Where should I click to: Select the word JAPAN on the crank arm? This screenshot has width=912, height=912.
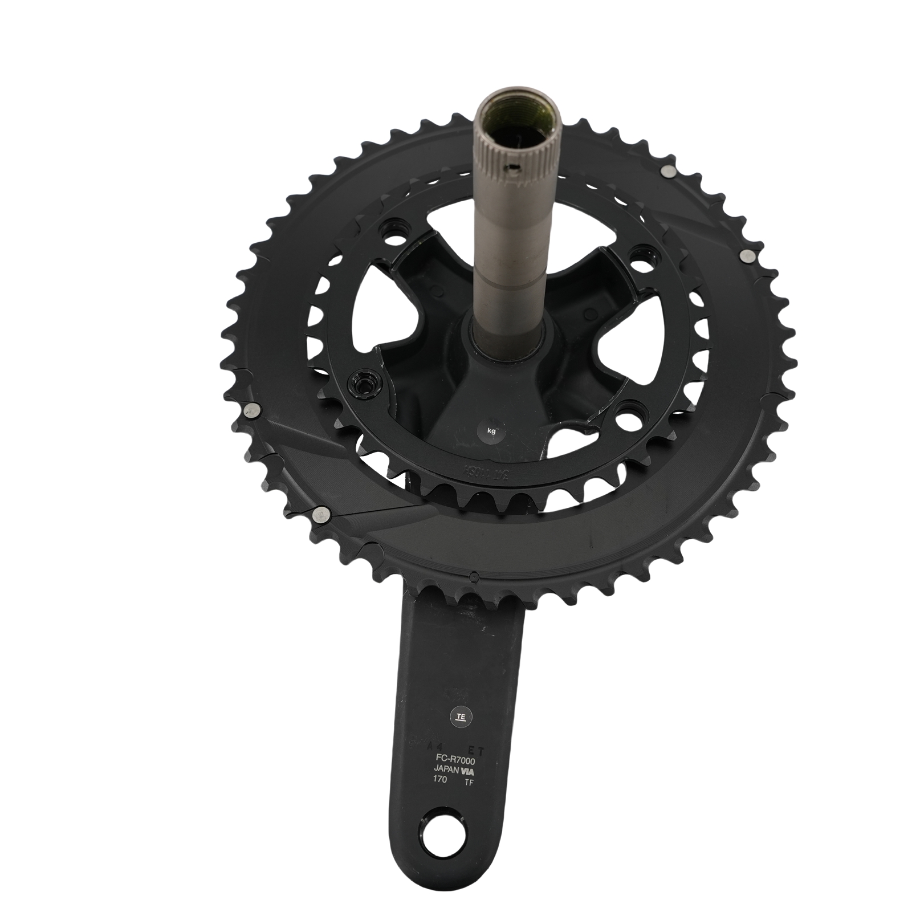(x=448, y=771)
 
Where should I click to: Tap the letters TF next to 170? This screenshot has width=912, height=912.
(x=469, y=782)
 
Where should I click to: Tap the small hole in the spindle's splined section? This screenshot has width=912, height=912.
(x=514, y=169)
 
